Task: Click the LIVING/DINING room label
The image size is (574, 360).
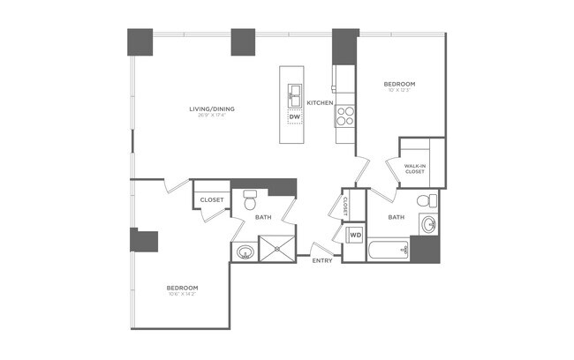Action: (x=217, y=109)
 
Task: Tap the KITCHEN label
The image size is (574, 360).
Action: (x=320, y=103)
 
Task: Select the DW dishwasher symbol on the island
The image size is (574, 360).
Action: (x=294, y=116)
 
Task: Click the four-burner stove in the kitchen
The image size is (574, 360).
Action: (x=345, y=116)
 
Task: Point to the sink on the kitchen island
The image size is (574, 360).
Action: (x=294, y=91)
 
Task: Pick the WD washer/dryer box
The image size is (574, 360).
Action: (x=355, y=236)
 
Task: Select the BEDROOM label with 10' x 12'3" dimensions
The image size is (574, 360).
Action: (x=399, y=85)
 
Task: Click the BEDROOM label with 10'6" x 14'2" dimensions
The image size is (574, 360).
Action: (x=182, y=288)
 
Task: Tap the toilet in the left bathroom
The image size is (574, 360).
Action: (x=249, y=199)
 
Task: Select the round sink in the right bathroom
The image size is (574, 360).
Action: (x=428, y=223)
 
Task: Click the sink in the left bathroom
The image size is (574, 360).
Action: (x=244, y=252)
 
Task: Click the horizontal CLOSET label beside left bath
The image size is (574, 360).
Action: (x=212, y=200)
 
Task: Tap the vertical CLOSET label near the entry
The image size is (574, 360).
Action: (x=345, y=206)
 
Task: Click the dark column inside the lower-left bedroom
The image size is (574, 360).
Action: (x=144, y=241)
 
